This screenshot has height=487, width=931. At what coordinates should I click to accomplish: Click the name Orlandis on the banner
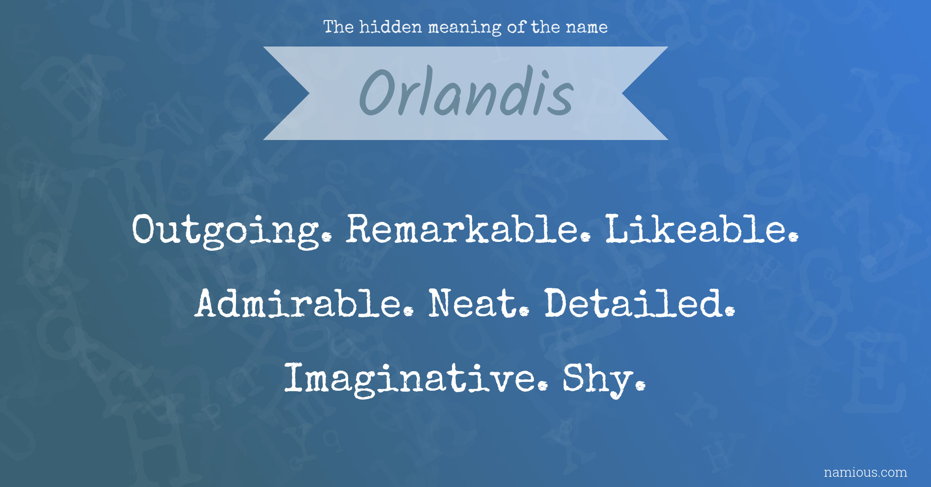point(466,92)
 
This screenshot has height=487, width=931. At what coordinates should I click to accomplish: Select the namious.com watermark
point(865,472)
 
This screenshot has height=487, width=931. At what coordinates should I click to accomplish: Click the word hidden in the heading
point(391,27)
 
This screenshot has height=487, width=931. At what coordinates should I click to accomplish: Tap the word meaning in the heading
point(465,28)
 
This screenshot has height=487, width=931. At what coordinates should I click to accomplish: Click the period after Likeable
point(794,237)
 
